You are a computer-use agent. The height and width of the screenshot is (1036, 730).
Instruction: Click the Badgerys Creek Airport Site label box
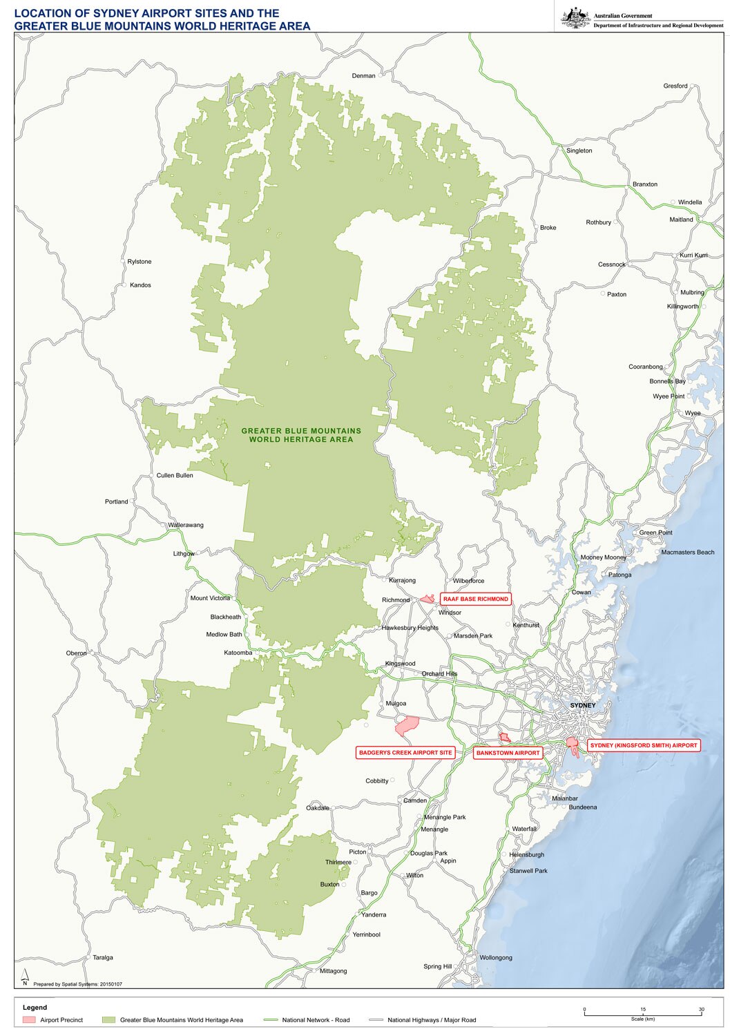tap(405, 753)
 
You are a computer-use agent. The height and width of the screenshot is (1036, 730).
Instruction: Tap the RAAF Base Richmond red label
tap(476, 599)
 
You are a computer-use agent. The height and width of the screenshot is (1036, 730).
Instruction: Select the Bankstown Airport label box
tap(508, 753)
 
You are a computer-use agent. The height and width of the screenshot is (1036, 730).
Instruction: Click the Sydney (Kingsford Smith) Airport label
tap(644, 745)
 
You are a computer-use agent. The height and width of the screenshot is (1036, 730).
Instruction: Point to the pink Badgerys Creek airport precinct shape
tap(407, 725)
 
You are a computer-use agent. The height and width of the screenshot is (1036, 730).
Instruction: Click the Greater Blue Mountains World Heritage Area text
tap(301, 435)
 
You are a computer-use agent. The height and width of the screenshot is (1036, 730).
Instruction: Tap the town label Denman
tap(363, 76)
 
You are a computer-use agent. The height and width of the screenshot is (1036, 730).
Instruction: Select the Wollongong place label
tap(496, 957)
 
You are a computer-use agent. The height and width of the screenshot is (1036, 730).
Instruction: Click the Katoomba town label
tap(238, 653)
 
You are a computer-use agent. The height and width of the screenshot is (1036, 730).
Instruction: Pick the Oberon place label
tap(77, 653)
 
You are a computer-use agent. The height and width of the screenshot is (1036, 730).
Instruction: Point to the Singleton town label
tap(579, 151)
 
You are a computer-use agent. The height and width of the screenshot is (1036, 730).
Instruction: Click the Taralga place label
tap(103, 957)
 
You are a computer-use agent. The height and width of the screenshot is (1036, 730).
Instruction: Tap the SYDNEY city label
tap(582, 705)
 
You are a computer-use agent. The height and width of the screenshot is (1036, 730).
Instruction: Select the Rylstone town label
tap(139, 262)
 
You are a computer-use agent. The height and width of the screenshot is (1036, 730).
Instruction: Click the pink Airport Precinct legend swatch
tap(29, 1020)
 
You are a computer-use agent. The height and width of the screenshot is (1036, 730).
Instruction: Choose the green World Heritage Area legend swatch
tap(108, 1020)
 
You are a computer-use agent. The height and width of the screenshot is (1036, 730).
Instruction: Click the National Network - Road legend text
tap(316, 1020)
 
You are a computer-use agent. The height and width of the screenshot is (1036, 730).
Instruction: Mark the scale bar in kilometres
tap(642, 1013)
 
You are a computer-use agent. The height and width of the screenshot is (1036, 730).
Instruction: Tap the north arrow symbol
tap(25, 977)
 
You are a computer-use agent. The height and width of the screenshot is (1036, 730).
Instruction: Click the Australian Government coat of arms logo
tap(575, 17)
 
